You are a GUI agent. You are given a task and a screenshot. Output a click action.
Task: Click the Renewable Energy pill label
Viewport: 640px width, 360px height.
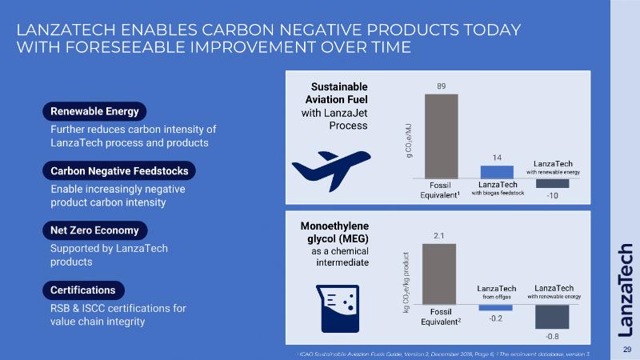click(x=94, y=111)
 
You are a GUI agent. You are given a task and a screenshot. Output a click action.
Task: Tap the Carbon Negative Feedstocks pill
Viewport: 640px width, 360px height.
click(x=119, y=171)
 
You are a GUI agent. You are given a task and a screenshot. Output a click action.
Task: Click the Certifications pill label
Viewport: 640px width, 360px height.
click(x=83, y=290)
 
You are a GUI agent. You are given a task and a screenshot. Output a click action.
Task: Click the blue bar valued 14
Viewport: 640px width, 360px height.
click(x=497, y=171)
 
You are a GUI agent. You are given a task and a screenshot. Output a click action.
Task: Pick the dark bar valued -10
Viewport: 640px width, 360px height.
click(x=552, y=183)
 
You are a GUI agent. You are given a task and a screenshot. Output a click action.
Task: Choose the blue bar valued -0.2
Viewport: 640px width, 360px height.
click(x=496, y=307)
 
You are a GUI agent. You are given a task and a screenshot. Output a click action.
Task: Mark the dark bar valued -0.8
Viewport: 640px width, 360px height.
click(x=551, y=316)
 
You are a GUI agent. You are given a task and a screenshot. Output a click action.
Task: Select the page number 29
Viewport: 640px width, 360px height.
click(x=627, y=350)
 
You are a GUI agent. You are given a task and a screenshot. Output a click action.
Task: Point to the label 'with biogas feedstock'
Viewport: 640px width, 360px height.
click(x=497, y=193)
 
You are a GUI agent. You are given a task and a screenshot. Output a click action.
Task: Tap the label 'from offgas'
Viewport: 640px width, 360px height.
click(x=496, y=297)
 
